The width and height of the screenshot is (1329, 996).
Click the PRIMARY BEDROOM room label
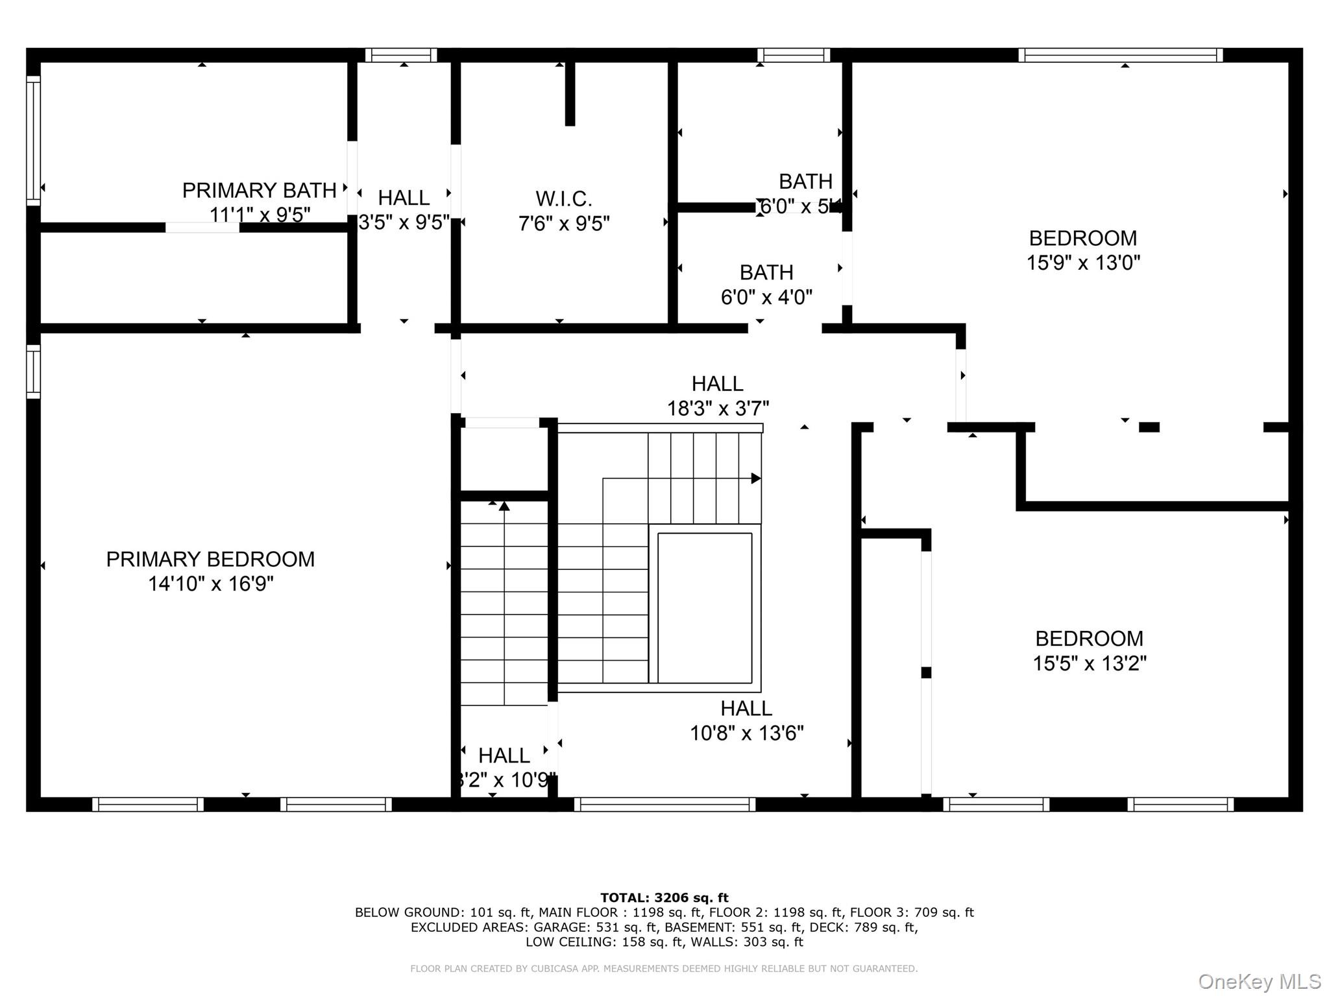tap(210, 559)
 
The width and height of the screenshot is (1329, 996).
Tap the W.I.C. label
tap(563, 198)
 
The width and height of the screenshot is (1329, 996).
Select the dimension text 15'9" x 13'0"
tap(1083, 263)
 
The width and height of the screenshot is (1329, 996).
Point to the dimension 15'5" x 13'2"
tap(1090, 663)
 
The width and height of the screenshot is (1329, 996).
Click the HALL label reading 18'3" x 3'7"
tap(717, 384)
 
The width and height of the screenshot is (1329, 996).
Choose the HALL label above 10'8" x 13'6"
tap(746, 708)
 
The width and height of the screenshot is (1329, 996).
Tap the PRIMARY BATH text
tap(259, 191)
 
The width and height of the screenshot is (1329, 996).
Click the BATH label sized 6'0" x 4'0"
tap(766, 272)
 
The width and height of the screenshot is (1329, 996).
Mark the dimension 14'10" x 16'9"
tap(210, 584)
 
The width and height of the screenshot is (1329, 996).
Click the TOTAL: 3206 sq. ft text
tap(664, 898)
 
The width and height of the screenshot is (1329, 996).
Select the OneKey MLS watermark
tap(1259, 981)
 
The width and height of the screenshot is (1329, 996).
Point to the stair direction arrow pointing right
tap(755, 479)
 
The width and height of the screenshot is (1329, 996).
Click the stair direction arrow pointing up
tap(504, 506)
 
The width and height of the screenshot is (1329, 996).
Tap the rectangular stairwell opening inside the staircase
tap(705, 608)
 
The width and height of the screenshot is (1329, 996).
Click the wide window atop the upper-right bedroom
tap(1120, 55)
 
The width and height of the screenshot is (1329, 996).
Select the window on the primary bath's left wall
tap(33, 140)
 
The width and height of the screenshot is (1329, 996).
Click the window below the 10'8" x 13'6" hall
tap(664, 805)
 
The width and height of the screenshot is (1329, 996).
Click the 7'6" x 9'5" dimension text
tap(563, 224)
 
